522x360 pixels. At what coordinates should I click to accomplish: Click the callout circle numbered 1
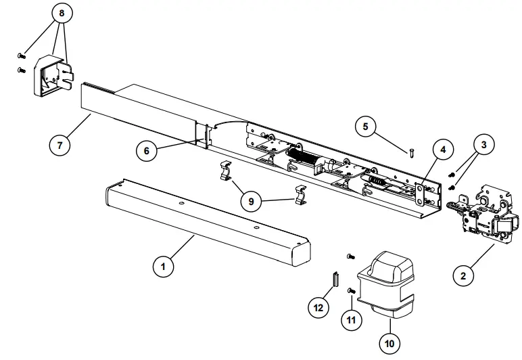click(162, 267)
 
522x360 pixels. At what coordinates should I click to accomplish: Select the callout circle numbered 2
click(462, 275)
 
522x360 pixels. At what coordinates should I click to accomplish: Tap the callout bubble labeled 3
click(484, 144)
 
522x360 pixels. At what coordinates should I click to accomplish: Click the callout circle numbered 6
click(147, 151)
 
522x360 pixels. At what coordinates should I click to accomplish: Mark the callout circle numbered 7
click(60, 144)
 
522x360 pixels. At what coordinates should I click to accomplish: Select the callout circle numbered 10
click(389, 343)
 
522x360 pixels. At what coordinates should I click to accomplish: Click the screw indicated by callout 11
click(352, 290)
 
